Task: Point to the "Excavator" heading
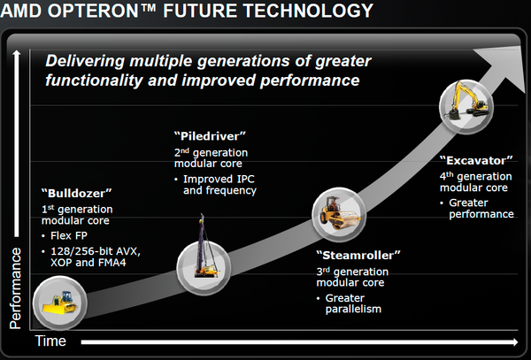click(476, 161)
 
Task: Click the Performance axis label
click(16, 287)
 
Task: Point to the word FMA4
click(123, 264)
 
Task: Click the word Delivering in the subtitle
click(88, 61)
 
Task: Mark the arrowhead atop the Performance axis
click(17, 57)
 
